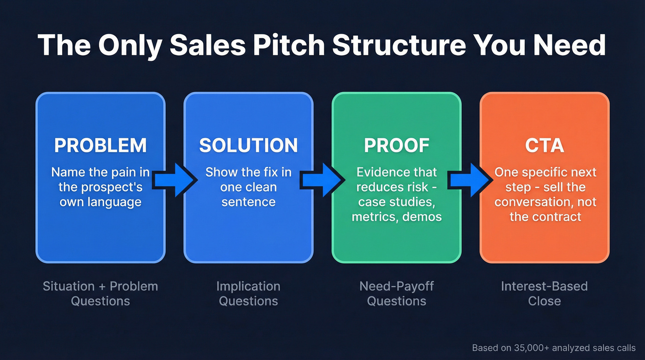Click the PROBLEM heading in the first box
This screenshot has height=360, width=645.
point(100,145)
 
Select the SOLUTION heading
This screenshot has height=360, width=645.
point(248,145)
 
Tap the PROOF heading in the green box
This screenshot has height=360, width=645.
point(396,145)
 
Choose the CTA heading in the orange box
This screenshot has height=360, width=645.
point(544,145)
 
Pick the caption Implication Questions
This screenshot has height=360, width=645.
point(248,294)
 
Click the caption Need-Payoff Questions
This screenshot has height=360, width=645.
point(396,294)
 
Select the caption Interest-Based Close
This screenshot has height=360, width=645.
point(544,294)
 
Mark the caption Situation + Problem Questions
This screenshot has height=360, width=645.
point(100,294)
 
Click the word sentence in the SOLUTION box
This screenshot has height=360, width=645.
point(248,202)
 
